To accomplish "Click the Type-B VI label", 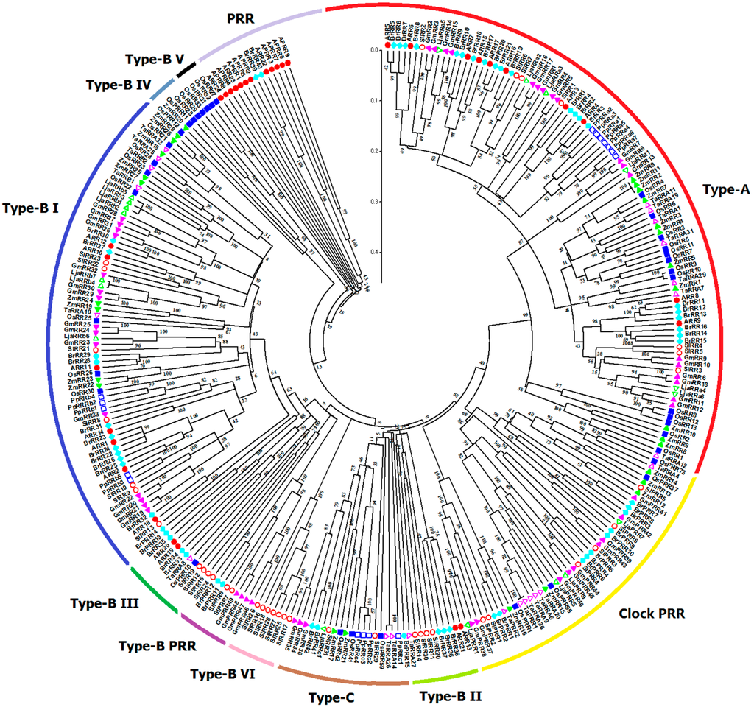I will pos(222,673).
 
